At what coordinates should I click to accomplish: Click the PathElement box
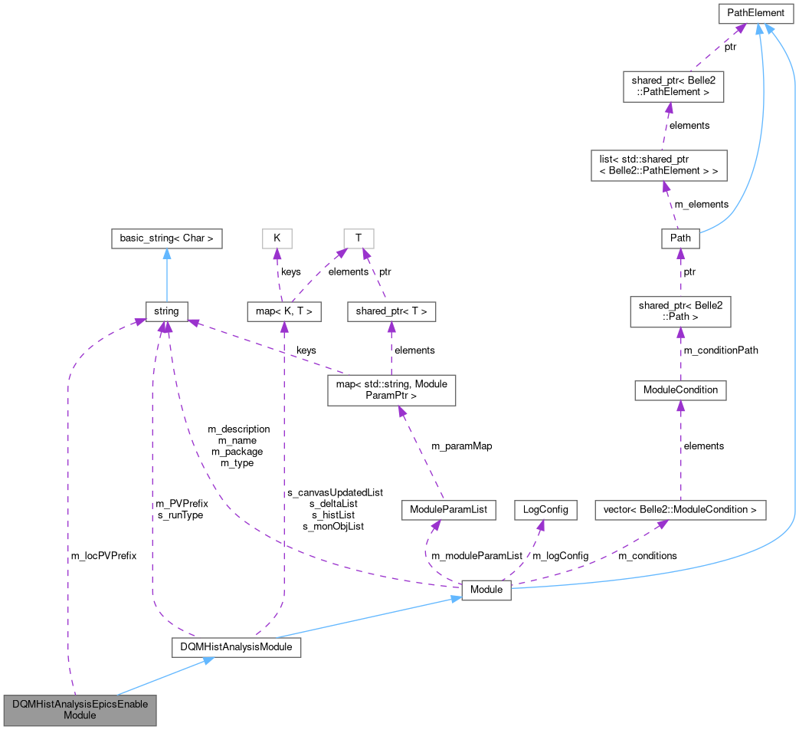pos(755,13)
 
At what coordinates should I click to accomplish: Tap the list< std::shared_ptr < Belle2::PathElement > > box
pos(659,165)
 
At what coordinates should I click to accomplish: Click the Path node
pos(680,238)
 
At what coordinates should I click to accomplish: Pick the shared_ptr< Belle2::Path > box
pos(680,311)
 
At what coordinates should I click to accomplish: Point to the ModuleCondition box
pos(680,390)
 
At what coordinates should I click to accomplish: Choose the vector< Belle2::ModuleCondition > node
pos(680,509)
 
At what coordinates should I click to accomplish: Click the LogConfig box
pos(545,509)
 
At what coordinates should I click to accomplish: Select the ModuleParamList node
pos(449,509)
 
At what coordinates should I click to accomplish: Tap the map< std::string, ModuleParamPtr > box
pos(391,390)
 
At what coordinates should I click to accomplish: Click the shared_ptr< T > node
pos(391,311)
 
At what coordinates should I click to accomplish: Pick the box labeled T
pos(359,238)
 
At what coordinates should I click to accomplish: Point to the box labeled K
pos(277,238)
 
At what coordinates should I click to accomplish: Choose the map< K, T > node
pos(284,311)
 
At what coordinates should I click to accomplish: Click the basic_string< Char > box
pos(166,238)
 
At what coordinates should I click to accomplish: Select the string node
pos(166,311)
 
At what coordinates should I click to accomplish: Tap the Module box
pos(486,590)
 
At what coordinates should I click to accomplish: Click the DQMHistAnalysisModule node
pos(236,648)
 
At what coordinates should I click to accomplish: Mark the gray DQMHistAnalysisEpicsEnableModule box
pos(80,709)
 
